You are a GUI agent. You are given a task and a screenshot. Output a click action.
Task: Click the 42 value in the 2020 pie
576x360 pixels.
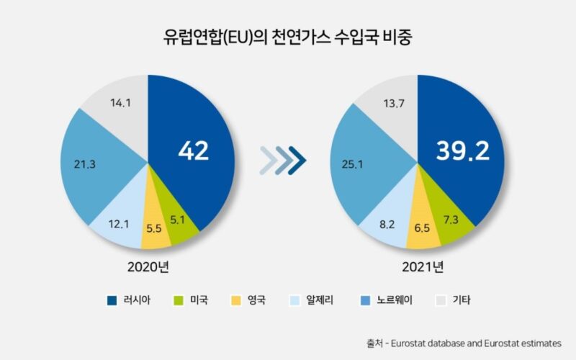(193, 150)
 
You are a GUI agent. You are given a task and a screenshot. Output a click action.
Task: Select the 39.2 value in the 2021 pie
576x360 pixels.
(462, 150)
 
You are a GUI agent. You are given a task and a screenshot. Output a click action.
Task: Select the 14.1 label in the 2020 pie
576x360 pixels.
(120, 103)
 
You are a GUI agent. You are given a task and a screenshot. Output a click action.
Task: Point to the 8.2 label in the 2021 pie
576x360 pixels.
(387, 223)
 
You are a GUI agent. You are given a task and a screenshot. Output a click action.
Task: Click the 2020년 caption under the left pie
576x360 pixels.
(148, 266)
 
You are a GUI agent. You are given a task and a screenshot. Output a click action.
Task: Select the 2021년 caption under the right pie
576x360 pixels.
(418, 266)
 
